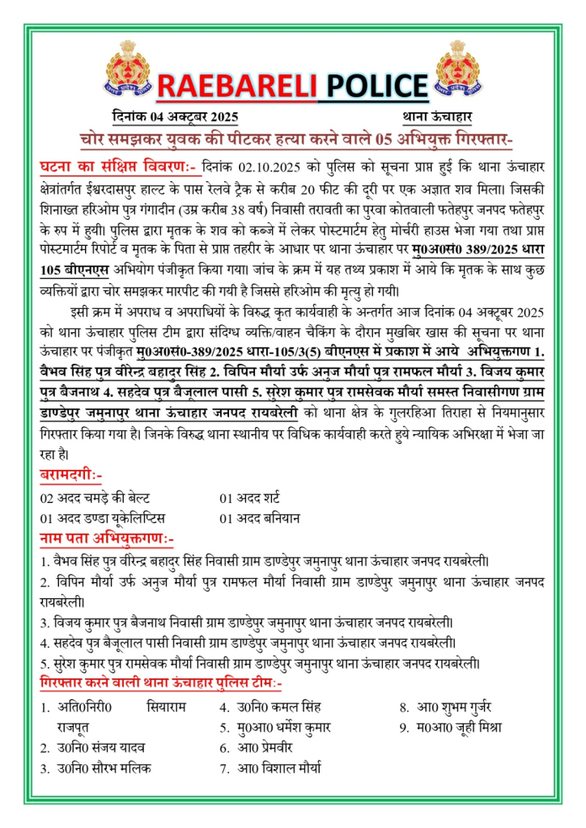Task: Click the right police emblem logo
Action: point(460,69)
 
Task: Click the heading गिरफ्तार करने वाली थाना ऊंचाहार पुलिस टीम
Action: point(160,684)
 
